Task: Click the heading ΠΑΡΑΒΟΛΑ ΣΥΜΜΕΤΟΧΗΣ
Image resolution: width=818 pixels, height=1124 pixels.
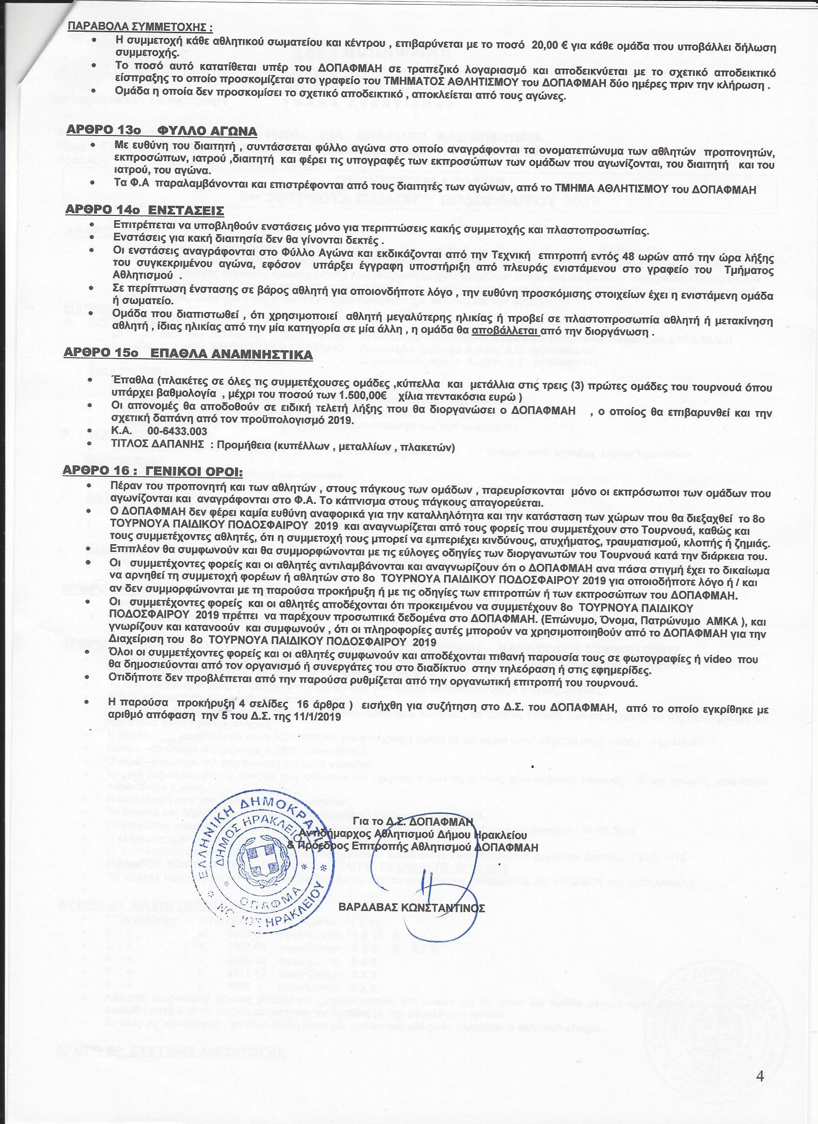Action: point(141,27)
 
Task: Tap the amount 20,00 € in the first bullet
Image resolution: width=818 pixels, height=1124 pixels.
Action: point(550,45)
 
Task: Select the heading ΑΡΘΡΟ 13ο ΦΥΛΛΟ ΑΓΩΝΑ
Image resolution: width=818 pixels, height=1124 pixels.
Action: point(162,131)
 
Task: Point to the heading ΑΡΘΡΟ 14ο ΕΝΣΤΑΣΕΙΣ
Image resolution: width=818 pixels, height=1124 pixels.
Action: point(144,211)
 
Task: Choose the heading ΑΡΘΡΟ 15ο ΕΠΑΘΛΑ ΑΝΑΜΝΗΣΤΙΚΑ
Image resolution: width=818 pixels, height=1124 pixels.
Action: point(188,355)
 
